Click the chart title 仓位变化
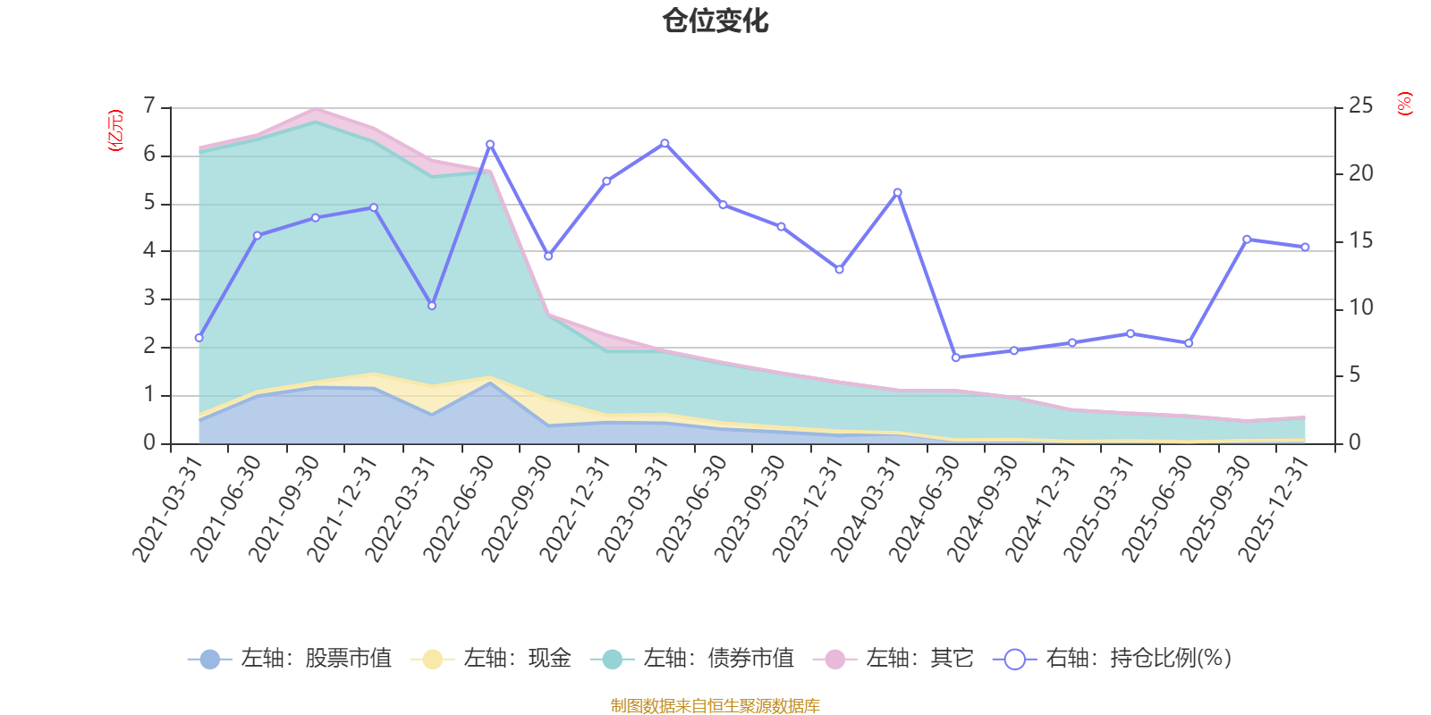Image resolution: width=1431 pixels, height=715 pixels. coord(715,21)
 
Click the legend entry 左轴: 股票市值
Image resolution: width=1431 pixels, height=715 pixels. coord(291,659)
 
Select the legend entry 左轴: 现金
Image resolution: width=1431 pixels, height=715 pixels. coord(491,659)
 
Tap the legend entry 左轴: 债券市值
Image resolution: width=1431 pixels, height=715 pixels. coord(692,659)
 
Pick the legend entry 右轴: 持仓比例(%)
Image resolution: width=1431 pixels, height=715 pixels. coord(1113,659)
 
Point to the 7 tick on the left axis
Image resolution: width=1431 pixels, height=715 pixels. coord(149,106)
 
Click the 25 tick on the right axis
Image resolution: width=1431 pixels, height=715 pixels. coord(1360,106)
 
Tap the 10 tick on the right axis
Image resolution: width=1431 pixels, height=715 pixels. coord(1360,308)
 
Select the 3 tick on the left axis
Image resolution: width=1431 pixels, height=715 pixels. coord(149,299)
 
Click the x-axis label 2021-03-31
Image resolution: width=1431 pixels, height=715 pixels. coord(168,508)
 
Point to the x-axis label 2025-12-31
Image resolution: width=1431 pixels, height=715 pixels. coord(1274,508)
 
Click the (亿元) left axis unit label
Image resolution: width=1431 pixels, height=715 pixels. coord(115,130)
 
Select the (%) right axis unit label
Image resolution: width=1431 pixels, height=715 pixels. coord(1405,104)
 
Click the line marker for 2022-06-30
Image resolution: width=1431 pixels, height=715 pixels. coord(490,144)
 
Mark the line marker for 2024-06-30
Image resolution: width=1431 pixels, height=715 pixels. coord(955,357)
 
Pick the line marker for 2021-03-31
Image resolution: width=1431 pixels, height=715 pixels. coord(199,338)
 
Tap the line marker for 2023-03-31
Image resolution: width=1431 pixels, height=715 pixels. coord(665,143)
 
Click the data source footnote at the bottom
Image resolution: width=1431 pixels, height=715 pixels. coord(715,706)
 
